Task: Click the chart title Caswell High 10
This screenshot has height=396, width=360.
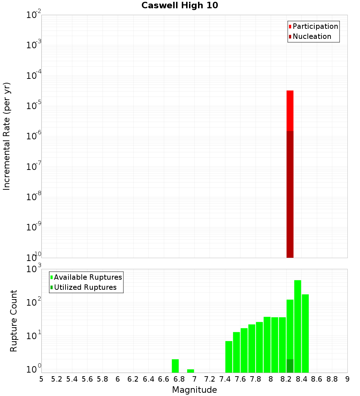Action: [x=180, y=6]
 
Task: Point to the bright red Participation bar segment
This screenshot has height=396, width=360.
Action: [x=290, y=110]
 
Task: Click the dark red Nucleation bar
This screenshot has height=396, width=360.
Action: [x=290, y=194]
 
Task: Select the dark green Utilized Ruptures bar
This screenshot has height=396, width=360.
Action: [x=290, y=366]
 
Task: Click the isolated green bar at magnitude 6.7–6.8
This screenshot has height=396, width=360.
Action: [x=175, y=366]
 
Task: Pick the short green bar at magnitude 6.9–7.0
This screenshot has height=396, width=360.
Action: [x=191, y=371]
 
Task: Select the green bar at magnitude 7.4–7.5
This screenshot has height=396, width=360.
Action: [x=229, y=356]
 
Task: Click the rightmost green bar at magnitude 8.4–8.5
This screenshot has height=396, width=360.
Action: [x=305, y=333]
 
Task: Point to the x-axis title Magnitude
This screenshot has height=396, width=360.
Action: [x=194, y=390]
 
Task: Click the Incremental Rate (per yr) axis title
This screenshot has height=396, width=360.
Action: [x=7, y=136]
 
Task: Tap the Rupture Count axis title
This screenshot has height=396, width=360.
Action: [x=14, y=321]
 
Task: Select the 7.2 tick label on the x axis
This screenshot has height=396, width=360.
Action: [x=210, y=379]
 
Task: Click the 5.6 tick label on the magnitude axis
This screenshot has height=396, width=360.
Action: [x=87, y=379]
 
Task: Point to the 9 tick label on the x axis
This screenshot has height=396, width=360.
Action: [x=347, y=379]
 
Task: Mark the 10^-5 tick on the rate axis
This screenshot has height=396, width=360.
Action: [x=34, y=106]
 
